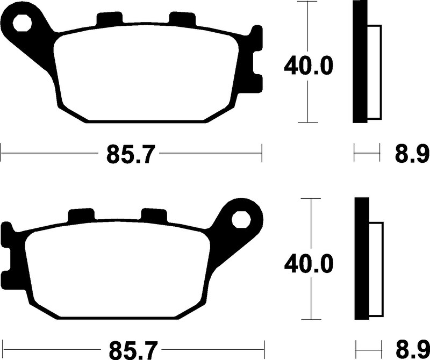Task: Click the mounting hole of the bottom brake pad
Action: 241,220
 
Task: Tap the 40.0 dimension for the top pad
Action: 308,66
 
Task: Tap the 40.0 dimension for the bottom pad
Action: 309,264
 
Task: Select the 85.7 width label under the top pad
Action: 129,154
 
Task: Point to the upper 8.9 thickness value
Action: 412,154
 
